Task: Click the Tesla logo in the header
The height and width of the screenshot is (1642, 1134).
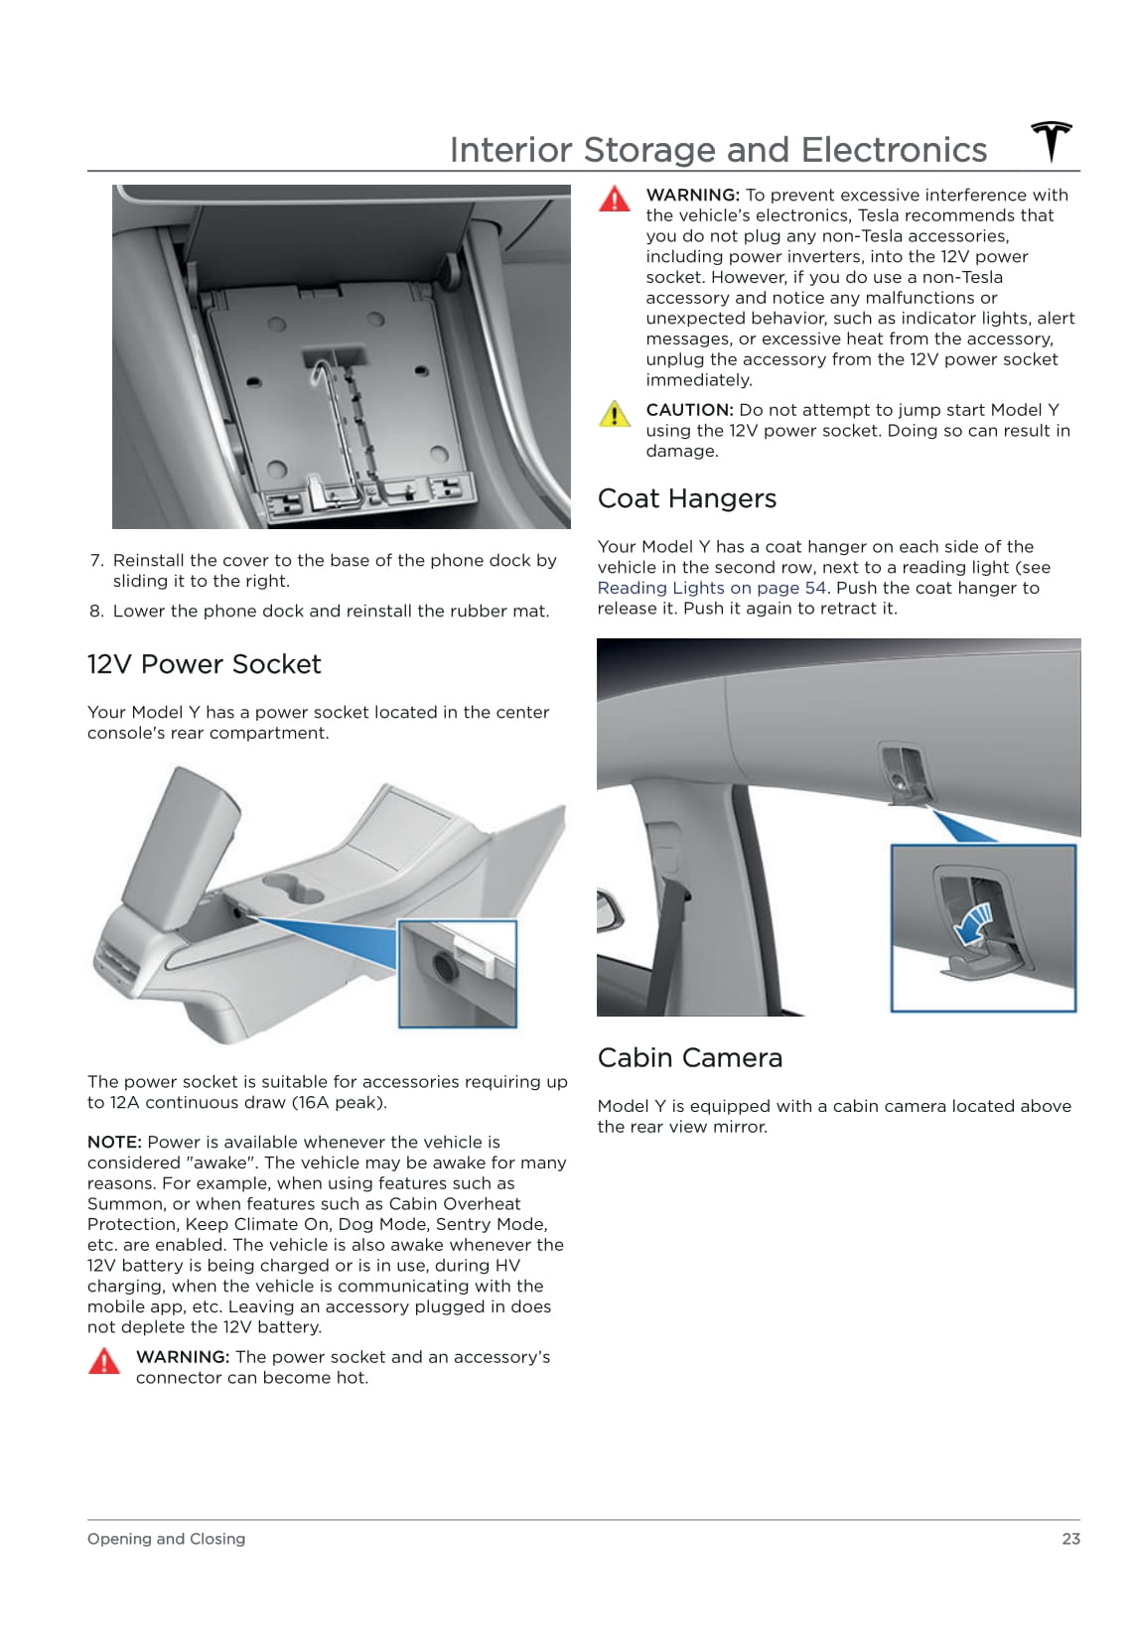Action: (1052, 142)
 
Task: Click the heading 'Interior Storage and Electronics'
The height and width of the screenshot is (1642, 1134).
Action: (718, 150)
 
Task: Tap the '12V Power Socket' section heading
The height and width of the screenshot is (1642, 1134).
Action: (204, 664)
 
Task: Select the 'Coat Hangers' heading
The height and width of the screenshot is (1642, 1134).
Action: (686, 498)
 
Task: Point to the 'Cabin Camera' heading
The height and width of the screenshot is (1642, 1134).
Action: (689, 1058)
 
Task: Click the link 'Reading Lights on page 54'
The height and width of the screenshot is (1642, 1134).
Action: (712, 588)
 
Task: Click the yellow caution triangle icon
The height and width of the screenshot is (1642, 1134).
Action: (615, 414)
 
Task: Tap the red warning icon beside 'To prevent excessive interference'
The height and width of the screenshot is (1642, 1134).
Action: (615, 200)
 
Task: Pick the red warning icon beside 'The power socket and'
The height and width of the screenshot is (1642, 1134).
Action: (104, 1361)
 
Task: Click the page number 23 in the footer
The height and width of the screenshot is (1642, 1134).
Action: (1070, 1539)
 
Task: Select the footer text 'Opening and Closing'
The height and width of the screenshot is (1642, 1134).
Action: (166, 1539)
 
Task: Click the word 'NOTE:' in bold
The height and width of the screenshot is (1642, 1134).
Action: (114, 1143)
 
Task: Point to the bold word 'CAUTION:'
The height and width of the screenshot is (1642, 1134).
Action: (689, 410)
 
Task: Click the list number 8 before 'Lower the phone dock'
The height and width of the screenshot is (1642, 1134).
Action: (96, 612)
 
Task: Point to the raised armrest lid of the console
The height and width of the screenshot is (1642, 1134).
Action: (180, 844)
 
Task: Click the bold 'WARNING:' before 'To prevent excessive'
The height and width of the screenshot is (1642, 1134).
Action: (692, 196)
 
